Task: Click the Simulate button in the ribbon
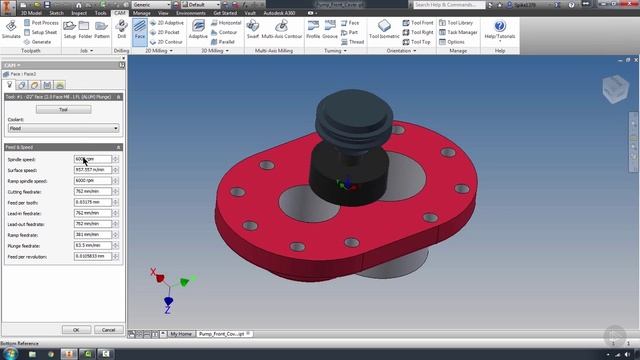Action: coord(11,29)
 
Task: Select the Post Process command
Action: coord(44,21)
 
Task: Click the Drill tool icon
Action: coord(120,29)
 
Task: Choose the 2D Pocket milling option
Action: coord(169,32)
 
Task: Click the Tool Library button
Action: coord(459,21)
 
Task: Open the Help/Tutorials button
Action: coord(498,29)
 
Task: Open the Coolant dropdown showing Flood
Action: coord(63,128)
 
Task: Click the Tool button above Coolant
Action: coord(63,109)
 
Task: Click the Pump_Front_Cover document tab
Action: coord(223,333)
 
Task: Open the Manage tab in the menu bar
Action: coord(142,12)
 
